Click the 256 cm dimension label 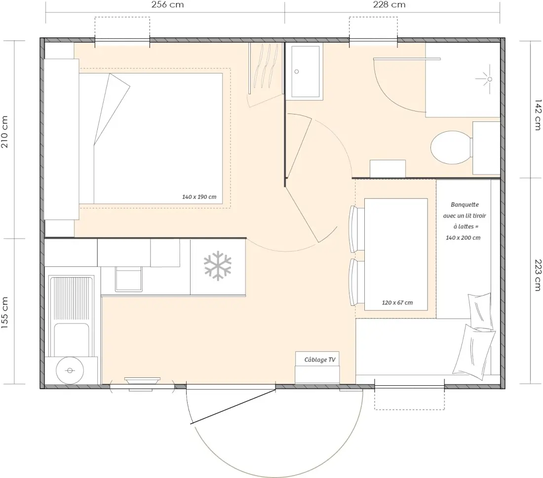(x=168, y=4)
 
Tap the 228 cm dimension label (x=389, y=4)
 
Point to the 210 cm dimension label (x=4, y=132)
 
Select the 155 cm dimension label (x=4, y=313)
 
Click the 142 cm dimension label (x=538, y=115)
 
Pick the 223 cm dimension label (x=538, y=275)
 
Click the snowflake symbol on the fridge (x=218, y=265)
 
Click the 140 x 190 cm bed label (x=199, y=197)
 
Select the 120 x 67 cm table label (x=397, y=302)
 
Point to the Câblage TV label (x=320, y=360)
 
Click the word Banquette (x=465, y=205)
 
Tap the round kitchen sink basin (x=70, y=370)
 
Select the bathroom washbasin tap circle (x=297, y=72)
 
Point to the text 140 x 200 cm (x=463, y=238)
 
